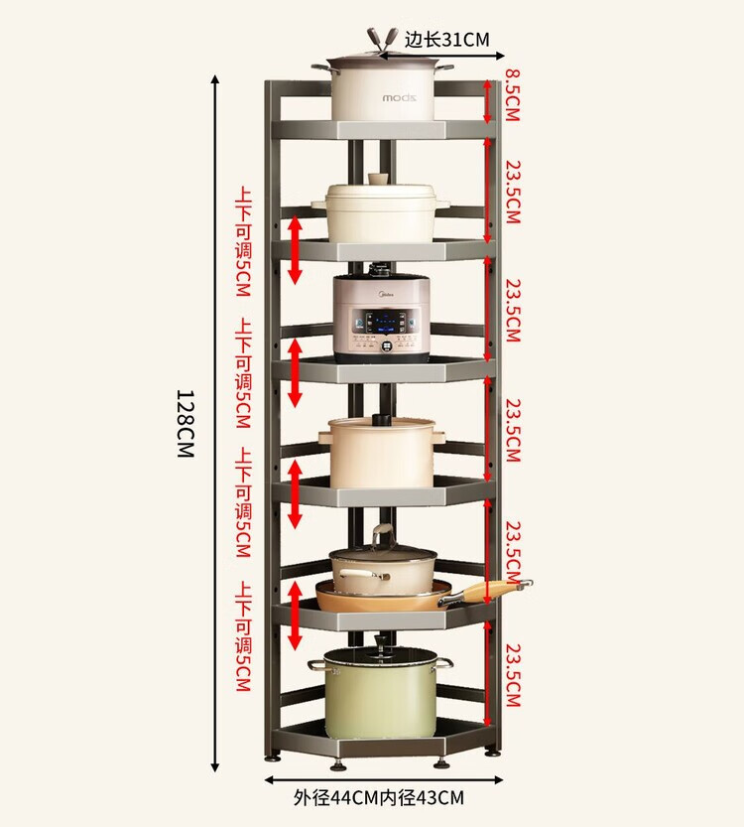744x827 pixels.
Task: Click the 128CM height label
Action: pyautogui.click(x=186, y=424)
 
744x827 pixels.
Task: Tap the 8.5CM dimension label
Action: pyautogui.click(x=512, y=95)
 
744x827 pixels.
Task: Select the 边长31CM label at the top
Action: pyautogui.click(x=446, y=40)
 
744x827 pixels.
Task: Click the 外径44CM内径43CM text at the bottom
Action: pyautogui.click(x=379, y=797)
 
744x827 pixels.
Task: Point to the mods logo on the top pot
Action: pyautogui.click(x=400, y=98)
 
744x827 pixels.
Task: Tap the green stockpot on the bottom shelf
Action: pyautogui.click(x=380, y=692)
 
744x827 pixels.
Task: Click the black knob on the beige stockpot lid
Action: pyautogui.click(x=382, y=420)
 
